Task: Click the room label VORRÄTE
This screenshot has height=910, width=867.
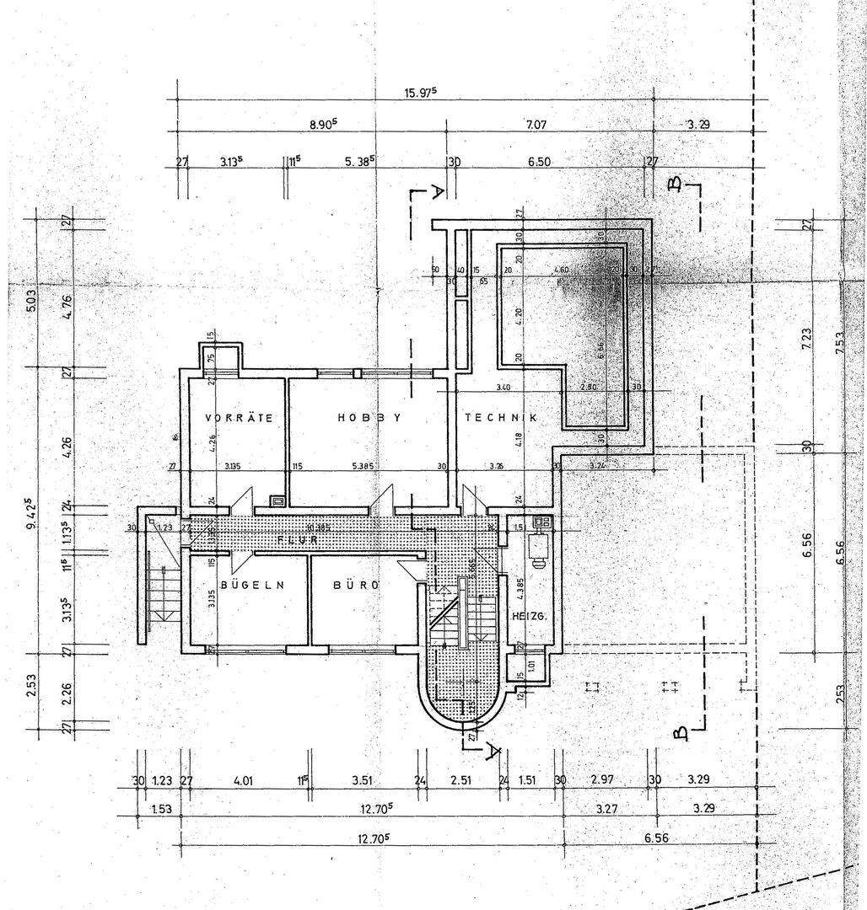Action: click(239, 417)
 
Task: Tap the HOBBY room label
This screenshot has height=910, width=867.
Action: click(368, 417)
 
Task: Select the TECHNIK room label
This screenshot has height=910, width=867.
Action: click(501, 417)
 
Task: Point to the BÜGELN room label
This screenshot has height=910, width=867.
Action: click(250, 584)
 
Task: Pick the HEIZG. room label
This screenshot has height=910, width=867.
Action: click(530, 617)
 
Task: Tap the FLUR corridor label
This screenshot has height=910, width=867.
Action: click(297, 538)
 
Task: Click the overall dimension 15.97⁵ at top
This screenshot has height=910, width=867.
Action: click(421, 94)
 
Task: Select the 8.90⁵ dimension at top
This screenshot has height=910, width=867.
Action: click(322, 124)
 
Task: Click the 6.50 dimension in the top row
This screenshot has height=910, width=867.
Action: click(540, 161)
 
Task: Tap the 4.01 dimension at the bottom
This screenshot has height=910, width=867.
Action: click(243, 780)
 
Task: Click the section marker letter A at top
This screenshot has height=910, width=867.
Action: click(437, 192)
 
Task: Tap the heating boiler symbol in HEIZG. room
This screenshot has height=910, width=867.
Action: click(539, 545)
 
